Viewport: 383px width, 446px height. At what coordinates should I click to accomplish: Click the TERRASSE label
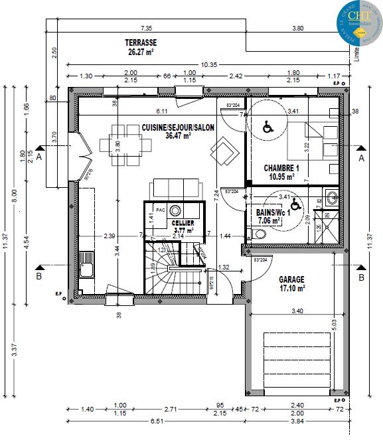141,42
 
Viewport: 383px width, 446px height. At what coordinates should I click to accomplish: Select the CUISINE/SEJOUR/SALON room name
178,127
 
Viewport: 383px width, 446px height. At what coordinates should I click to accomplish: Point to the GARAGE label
291,279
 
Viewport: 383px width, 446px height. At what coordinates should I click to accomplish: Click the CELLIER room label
183,224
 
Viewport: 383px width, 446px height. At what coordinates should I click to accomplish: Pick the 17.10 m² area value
291,289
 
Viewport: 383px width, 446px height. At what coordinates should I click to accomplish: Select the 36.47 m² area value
178,135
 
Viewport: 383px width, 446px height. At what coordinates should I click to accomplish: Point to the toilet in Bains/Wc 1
260,233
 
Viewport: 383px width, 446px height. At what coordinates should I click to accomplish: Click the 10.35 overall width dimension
209,64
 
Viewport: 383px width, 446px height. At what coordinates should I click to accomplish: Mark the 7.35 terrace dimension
146,29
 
